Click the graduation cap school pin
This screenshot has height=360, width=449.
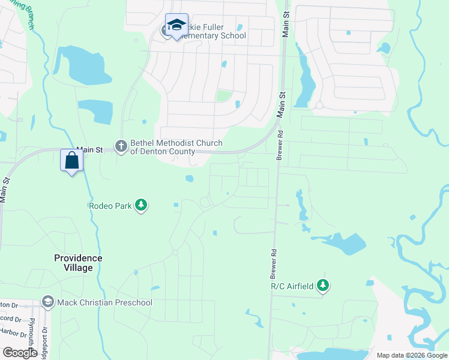(176, 25)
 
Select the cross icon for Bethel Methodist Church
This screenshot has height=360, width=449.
(122, 146)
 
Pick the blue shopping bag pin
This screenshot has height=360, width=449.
(72, 161)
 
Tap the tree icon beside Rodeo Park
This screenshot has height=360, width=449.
(141, 206)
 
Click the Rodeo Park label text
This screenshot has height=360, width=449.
(110, 206)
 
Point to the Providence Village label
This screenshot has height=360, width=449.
(78, 263)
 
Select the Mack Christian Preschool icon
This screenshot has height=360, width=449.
(48, 302)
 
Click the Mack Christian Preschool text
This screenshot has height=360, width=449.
(104, 302)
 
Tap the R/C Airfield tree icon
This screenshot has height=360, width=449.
(324, 286)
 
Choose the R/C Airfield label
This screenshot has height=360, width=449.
(292, 286)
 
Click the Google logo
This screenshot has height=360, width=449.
(20, 353)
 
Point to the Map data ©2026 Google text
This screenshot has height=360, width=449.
(411, 355)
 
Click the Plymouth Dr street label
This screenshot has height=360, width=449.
(31, 327)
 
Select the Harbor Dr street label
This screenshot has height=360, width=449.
(12, 332)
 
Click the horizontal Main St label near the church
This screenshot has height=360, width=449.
(90, 148)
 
